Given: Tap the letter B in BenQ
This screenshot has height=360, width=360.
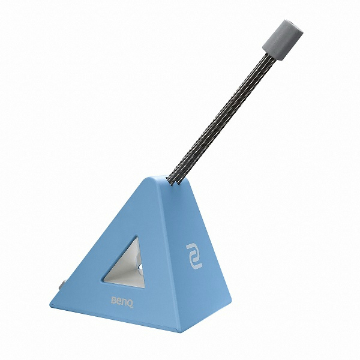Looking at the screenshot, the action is coord(113,300).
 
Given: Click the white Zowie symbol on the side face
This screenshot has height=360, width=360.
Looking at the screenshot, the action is coord(194,256).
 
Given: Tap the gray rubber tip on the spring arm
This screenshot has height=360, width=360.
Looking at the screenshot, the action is coord(283,40).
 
